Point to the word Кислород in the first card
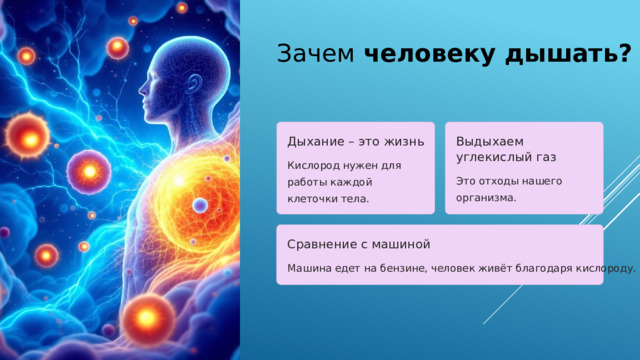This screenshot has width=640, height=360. [x=313, y=164]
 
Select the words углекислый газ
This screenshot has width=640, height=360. [x=506, y=157]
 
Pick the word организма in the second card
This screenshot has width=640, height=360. [x=484, y=198]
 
